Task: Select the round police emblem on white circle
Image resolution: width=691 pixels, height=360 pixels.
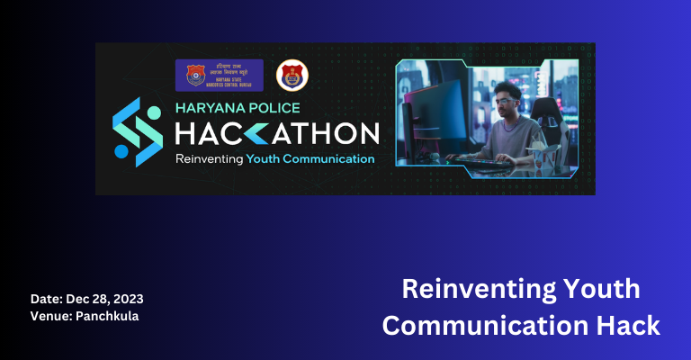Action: click(291, 76)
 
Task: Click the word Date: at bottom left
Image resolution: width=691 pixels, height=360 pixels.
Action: click(47, 298)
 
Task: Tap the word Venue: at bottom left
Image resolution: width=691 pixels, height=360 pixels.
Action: click(52, 316)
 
